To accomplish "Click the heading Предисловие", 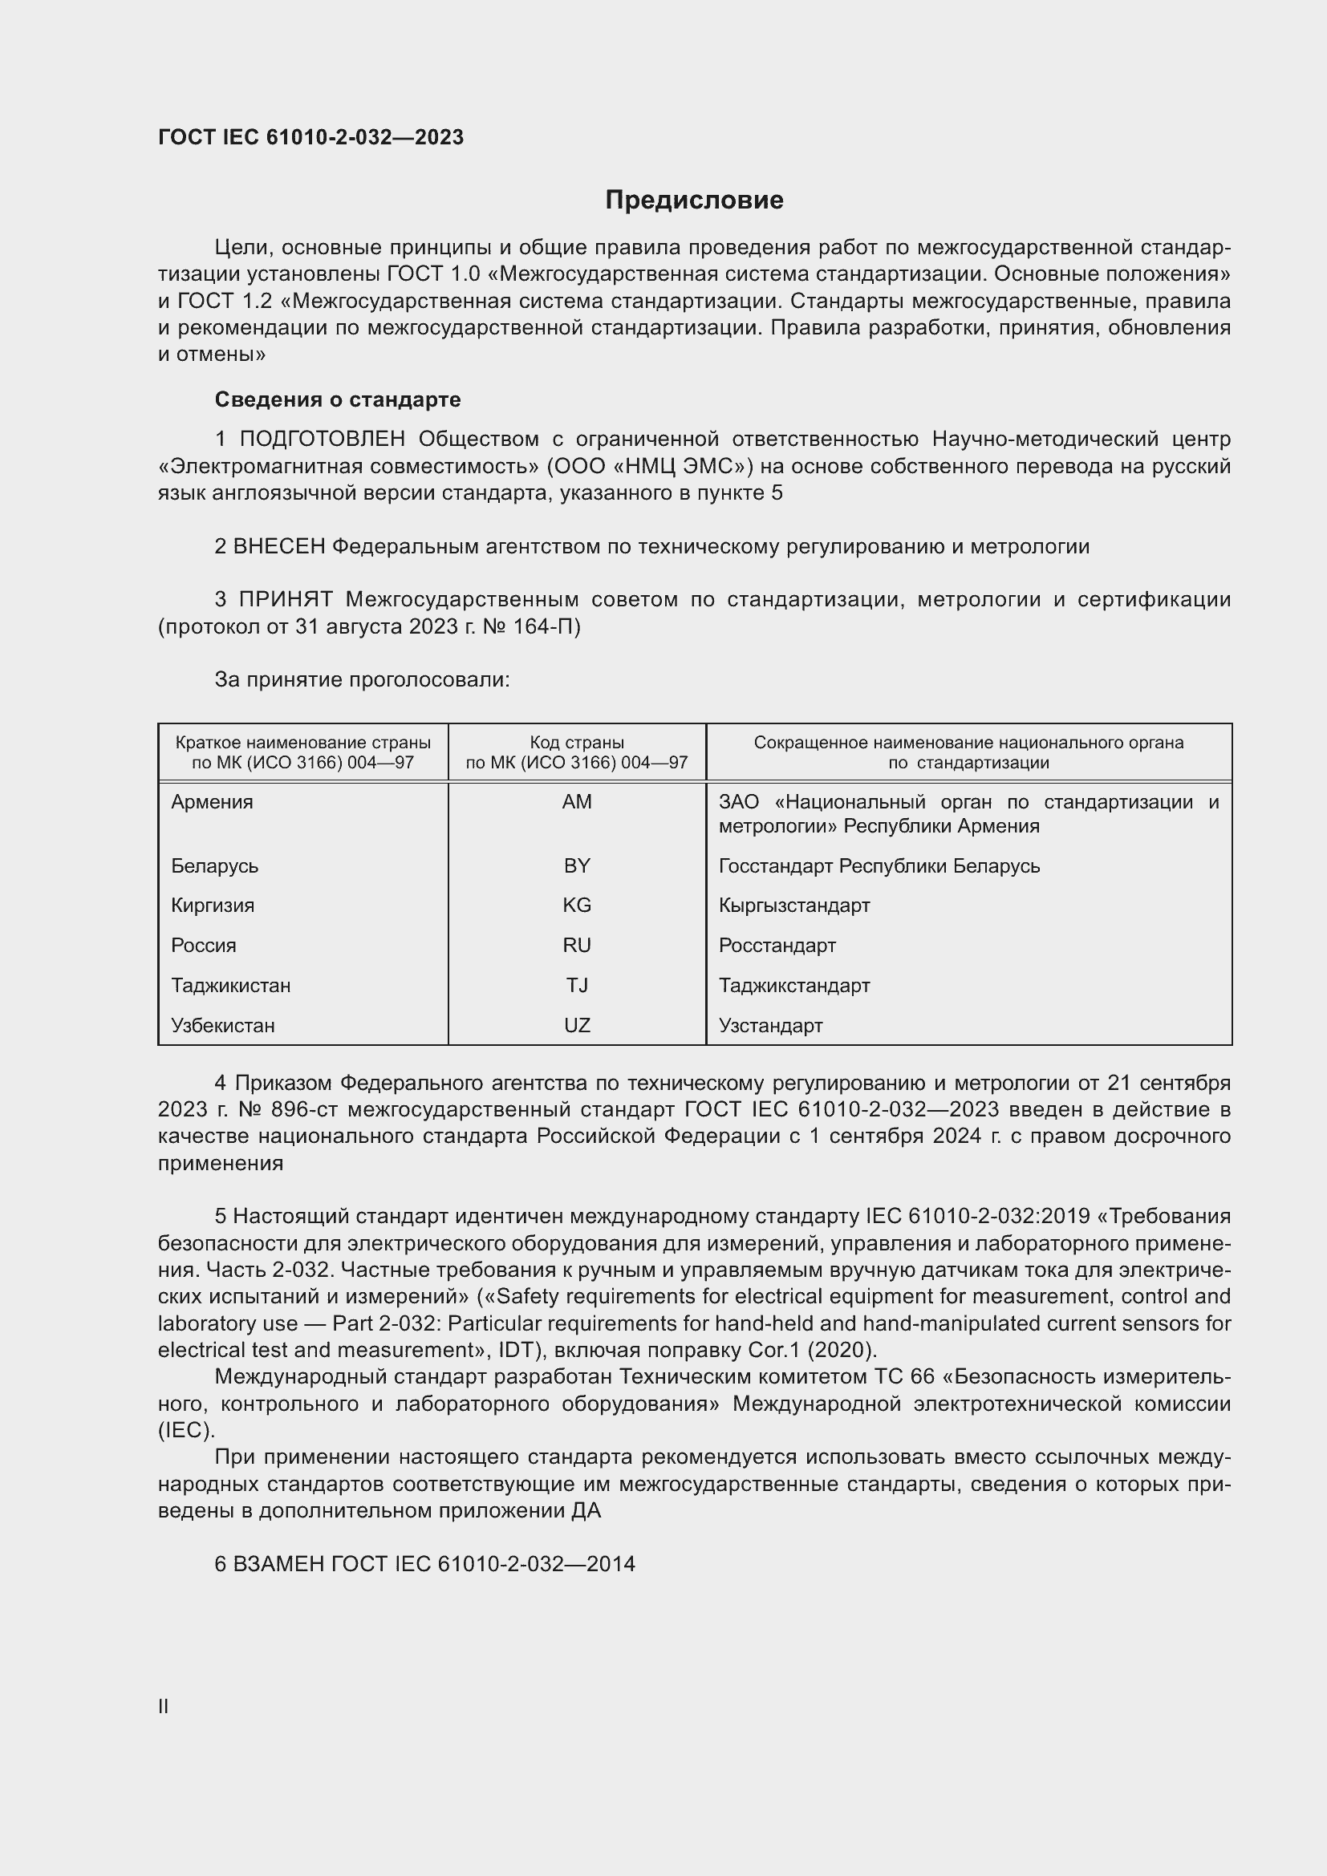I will point(694,201).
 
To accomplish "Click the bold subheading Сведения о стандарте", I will point(338,399).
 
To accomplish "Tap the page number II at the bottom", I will point(164,1706).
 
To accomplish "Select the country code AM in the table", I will point(577,802).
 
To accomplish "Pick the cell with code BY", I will point(577,866).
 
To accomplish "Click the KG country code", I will point(577,906).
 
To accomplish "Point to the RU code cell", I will point(577,946).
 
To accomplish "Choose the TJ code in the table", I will point(577,986).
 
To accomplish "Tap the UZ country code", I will point(577,1026).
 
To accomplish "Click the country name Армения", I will point(213,802).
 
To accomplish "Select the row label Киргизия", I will point(213,906).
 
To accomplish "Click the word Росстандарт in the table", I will point(777,946).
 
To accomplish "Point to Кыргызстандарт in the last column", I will point(794,906).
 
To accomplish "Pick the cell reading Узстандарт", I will point(770,1026).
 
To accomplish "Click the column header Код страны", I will point(577,743).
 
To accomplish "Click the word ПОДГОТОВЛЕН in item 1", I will point(322,440).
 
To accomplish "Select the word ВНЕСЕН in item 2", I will point(279,547).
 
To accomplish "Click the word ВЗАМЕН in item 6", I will point(280,1564).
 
